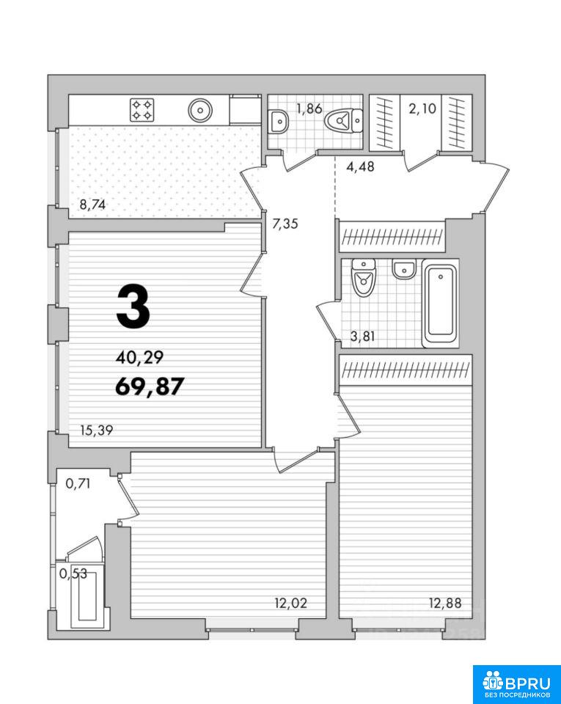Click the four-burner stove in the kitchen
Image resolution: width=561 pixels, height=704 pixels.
coord(142,110)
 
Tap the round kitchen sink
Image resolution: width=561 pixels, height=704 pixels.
coord(200,110)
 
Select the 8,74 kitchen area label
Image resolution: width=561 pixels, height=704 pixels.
coord(92,205)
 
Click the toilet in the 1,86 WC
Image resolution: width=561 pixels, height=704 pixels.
coord(343,120)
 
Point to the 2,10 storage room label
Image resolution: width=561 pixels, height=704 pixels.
coord(422,109)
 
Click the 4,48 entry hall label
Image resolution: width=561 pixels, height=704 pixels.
coord(360,166)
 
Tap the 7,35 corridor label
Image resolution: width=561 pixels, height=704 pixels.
coord(285,223)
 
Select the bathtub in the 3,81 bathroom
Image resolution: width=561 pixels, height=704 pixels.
coord(440,305)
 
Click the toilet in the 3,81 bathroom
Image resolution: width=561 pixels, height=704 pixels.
coord(364,279)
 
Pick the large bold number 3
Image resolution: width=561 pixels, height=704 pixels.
coord(133,307)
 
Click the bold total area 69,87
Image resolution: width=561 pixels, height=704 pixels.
coord(150,386)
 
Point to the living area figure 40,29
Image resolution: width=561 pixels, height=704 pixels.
coord(139,357)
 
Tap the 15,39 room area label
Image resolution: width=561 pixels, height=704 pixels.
coord(97,430)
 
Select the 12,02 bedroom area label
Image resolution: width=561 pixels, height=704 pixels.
coord(291,603)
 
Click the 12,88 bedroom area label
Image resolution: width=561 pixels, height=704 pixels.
coord(445,603)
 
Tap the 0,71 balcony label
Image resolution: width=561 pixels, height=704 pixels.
coord(78,483)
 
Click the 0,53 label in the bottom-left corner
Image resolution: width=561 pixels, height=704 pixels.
coord(73,573)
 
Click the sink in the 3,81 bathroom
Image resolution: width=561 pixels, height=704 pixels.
coord(403,269)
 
